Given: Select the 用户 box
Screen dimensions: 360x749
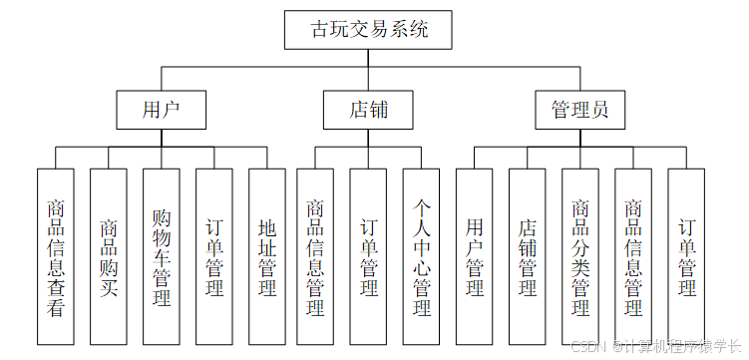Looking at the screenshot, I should click(x=162, y=109).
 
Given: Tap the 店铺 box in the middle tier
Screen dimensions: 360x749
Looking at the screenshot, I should click(x=368, y=109).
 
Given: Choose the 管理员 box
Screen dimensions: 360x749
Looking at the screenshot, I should click(x=580, y=109).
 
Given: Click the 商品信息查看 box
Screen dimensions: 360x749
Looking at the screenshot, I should click(x=56, y=256).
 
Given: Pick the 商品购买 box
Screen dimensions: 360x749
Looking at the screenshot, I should click(x=109, y=256).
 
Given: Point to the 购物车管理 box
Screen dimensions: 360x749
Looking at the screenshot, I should click(x=162, y=256).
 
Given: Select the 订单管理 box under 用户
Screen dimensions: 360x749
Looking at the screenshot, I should click(x=214, y=256).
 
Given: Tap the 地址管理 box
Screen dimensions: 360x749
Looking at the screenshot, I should click(x=267, y=256).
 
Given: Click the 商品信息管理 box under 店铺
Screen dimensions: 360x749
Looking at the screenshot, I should click(x=315, y=256).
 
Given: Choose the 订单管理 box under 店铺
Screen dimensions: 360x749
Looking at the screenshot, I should click(x=368, y=256).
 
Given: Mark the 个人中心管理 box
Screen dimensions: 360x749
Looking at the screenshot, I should click(x=421, y=256).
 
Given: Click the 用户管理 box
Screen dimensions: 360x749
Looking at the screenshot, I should click(x=475, y=256).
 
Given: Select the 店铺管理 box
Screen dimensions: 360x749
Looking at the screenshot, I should click(x=528, y=256).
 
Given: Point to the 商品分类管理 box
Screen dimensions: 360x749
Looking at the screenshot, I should click(x=580, y=256).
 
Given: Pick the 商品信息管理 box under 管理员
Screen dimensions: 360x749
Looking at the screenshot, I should click(x=633, y=256).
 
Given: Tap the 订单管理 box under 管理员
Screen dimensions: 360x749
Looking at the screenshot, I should click(x=686, y=256).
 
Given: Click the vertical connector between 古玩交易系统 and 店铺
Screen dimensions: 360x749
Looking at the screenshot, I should click(x=368, y=70).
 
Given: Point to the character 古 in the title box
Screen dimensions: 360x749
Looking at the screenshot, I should click(x=321, y=30).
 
